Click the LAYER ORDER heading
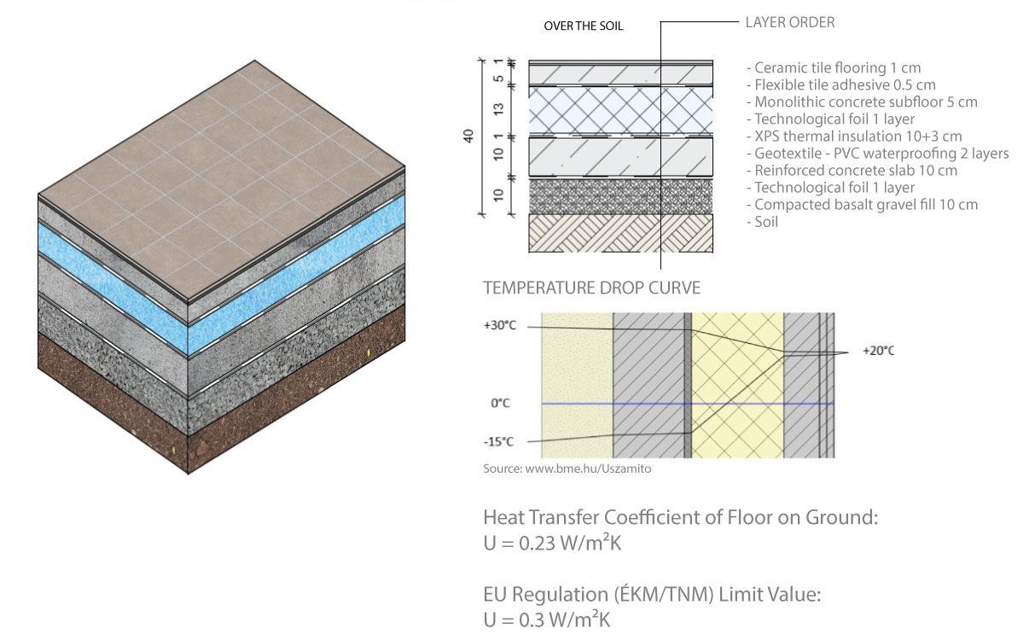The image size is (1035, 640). point(789,22)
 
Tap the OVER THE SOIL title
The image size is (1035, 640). point(583,26)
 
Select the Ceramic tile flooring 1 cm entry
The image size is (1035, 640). point(834,68)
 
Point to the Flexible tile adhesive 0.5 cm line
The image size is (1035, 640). point(841,85)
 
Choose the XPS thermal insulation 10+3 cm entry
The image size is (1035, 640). point(854,137)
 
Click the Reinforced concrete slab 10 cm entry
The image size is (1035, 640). point(852,171)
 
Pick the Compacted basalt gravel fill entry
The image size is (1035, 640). point(862,205)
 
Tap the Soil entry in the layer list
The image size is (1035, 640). point(762,222)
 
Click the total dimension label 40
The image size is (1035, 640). point(468,136)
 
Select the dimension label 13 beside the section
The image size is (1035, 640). point(498,109)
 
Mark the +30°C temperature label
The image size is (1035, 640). point(500,325)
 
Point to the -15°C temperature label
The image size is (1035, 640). point(498,442)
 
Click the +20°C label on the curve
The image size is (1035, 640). point(878,351)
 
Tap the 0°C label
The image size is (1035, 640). point(500,404)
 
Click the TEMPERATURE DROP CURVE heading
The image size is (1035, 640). point(592,288)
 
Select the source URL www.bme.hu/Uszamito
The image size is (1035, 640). point(588,468)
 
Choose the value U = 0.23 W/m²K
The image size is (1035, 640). point(552,543)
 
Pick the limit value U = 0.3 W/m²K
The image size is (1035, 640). point(547,620)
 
